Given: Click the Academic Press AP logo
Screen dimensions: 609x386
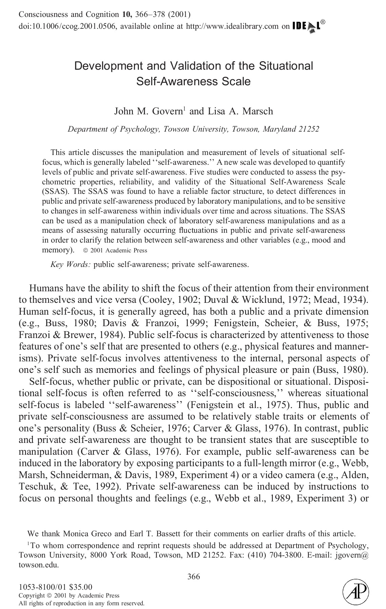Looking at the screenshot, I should point(355,591).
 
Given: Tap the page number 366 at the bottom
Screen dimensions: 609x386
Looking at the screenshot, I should point(194,577).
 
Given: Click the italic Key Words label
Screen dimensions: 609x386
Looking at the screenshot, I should point(70,265).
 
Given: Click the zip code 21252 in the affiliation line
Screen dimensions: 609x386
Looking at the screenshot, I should point(308,129).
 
